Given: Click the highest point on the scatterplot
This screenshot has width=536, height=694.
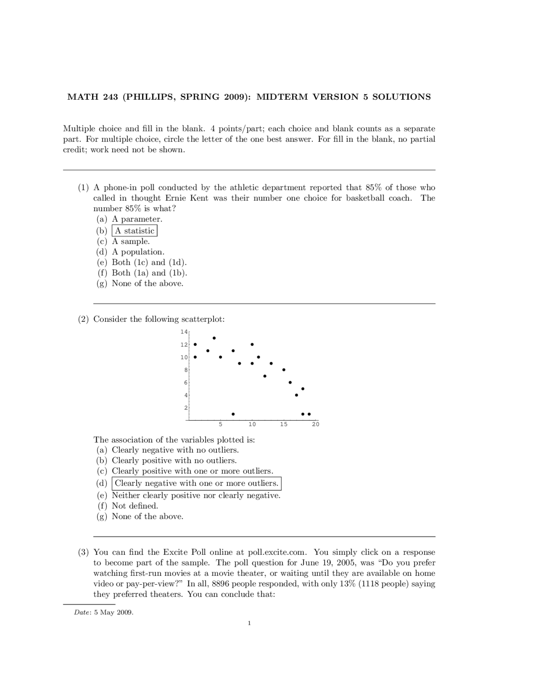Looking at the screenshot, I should (x=214, y=338).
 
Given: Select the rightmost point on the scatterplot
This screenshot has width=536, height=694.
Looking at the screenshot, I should (x=309, y=414).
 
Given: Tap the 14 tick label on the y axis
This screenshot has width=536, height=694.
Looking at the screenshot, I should (x=184, y=332).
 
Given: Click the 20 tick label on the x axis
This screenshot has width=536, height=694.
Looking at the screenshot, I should (x=316, y=425).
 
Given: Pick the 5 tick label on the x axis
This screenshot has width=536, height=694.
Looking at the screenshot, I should (x=220, y=425).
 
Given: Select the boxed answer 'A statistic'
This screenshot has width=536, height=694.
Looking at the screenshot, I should (x=134, y=231).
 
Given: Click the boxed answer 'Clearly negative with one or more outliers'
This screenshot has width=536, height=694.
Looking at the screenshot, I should (x=196, y=483).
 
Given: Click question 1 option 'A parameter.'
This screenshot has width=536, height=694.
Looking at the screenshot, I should (x=137, y=219).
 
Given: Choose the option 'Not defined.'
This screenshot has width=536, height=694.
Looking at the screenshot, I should (x=135, y=506).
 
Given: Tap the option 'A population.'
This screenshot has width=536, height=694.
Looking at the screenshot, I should (x=138, y=252).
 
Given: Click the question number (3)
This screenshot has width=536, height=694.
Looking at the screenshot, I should (x=83, y=552).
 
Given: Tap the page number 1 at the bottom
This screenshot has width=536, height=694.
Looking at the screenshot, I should (x=249, y=623).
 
